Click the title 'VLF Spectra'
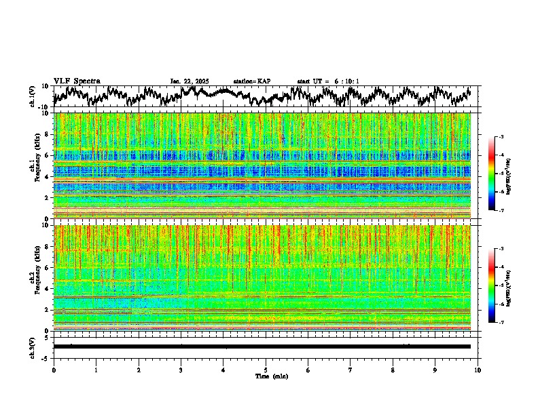click(x=77, y=81)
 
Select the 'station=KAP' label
click(x=252, y=81)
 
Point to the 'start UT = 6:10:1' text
click(x=328, y=81)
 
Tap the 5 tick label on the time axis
click(x=266, y=370)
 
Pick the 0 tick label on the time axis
click(x=54, y=370)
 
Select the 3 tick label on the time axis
click(x=181, y=370)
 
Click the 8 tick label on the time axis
click(x=393, y=370)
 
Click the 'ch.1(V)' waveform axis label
click(x=33, y=96)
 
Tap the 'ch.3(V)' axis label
click(x=33, y=346)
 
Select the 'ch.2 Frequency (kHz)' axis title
click(x=35, y=277)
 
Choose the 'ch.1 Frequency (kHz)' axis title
click(x=35, y=165)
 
